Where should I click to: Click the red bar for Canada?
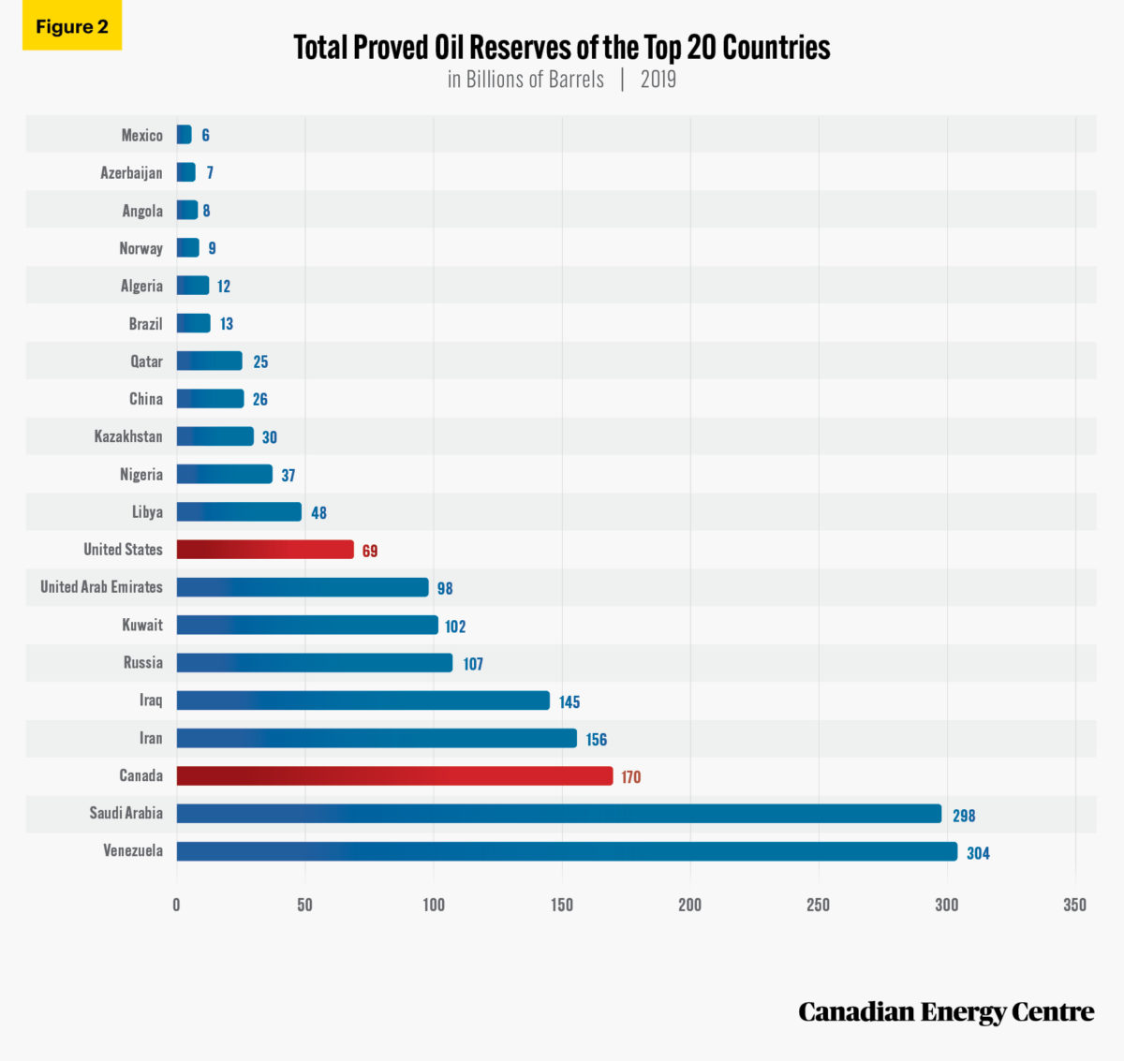coord(394,775)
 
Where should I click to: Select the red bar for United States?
coord(265,550)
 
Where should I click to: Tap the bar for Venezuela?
coord(567,851)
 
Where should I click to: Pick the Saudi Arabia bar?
coord(558,814)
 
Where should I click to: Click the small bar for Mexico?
coord(185,135)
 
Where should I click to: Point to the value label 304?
coord(978,853)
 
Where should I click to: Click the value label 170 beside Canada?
coord(631,777)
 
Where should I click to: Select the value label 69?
coord(370,551)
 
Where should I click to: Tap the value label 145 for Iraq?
coord(569,701)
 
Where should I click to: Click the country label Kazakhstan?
coord(128,436)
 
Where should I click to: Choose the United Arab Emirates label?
coord(101,587)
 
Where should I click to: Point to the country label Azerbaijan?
coord(131,173)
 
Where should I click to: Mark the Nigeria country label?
coord(141,475)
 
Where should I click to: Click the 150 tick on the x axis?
coord(562,905)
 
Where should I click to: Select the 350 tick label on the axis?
coord(1074,905)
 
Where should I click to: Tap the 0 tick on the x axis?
coord(176,905)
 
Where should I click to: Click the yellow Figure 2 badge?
coord(72,26)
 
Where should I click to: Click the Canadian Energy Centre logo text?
coord(946,1012)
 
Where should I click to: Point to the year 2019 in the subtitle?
coord(658,80)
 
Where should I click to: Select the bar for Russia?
coord(315,663)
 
